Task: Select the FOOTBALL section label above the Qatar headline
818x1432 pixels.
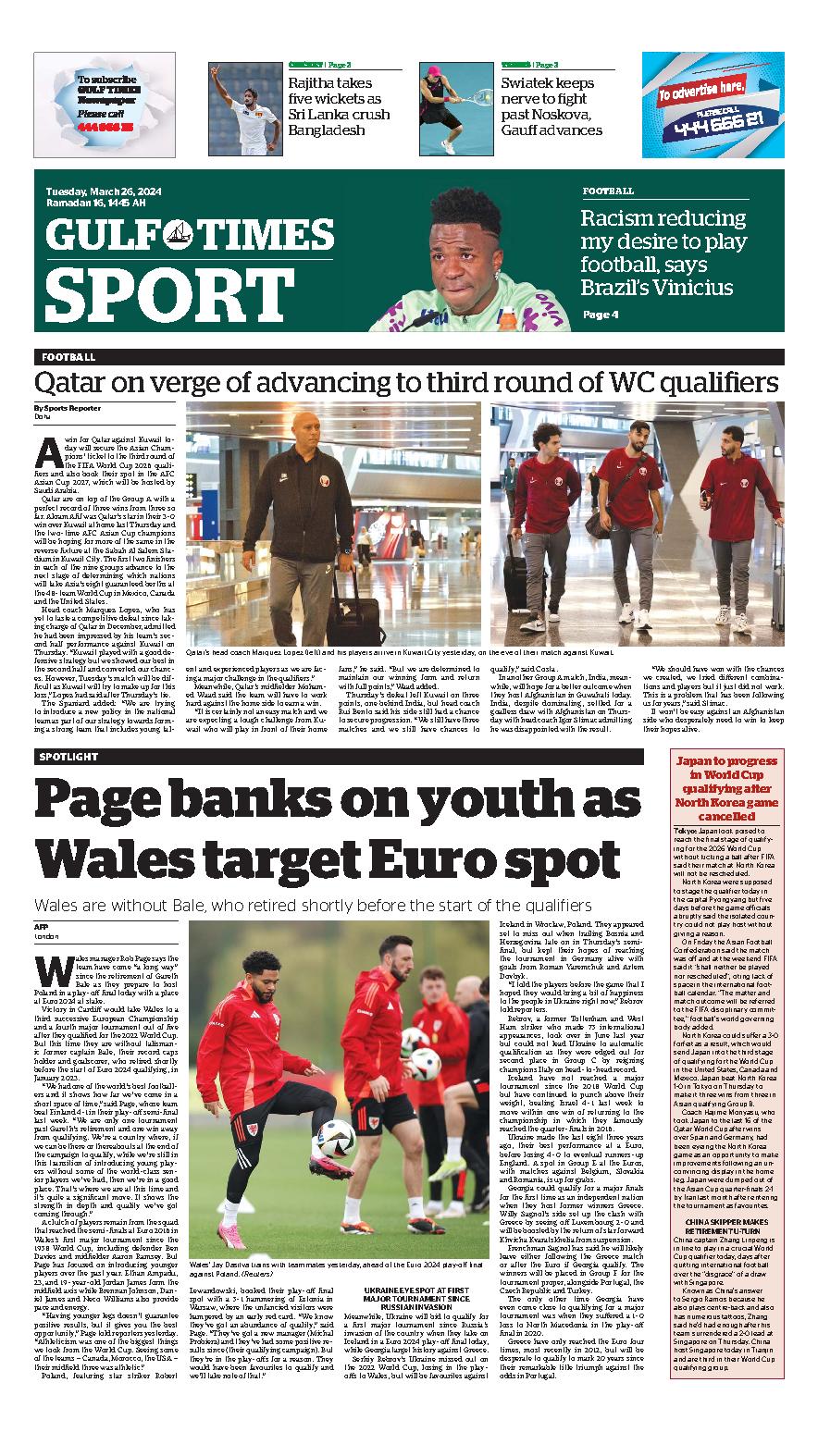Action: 68,356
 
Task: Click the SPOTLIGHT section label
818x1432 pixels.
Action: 69,757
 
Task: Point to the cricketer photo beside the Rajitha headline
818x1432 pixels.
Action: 244,108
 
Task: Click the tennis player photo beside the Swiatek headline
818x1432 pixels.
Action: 455,108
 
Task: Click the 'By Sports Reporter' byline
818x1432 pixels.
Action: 68,408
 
